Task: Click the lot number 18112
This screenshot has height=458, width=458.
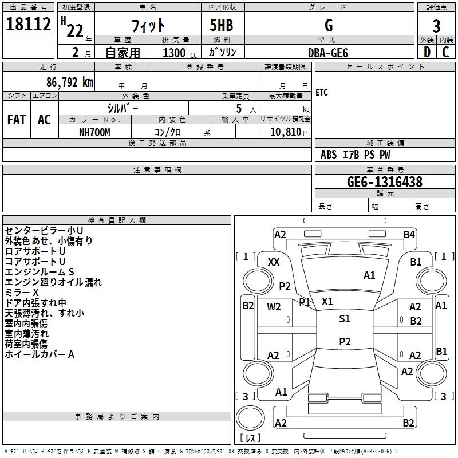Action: (x=29, y=25)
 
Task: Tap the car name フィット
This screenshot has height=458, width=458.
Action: (x=148, y=25)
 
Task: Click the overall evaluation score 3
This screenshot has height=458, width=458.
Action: (x=436, y=26)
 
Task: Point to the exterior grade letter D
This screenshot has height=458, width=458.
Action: (x=427, y=52)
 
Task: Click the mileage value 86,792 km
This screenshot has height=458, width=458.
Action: (x=49, y=82)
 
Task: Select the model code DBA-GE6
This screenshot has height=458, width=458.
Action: (x=328, y=52)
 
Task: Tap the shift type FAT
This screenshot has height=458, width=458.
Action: (x=17, y=120)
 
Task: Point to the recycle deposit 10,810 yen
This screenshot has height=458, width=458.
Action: (x=285, y=132)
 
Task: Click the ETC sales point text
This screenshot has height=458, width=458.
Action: (x=322, y=93)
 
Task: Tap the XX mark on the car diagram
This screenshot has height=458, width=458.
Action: (x=274, y=262)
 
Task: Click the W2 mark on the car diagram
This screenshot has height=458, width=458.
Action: (x=274, y=306)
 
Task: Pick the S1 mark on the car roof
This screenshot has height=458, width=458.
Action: (x=344, y=319)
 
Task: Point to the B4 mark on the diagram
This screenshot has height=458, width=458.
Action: (x=409, y=234)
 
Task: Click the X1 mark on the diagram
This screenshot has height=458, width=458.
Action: (x=327, y=301)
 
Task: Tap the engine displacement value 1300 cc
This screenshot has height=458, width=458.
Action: (x=177, y=53)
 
